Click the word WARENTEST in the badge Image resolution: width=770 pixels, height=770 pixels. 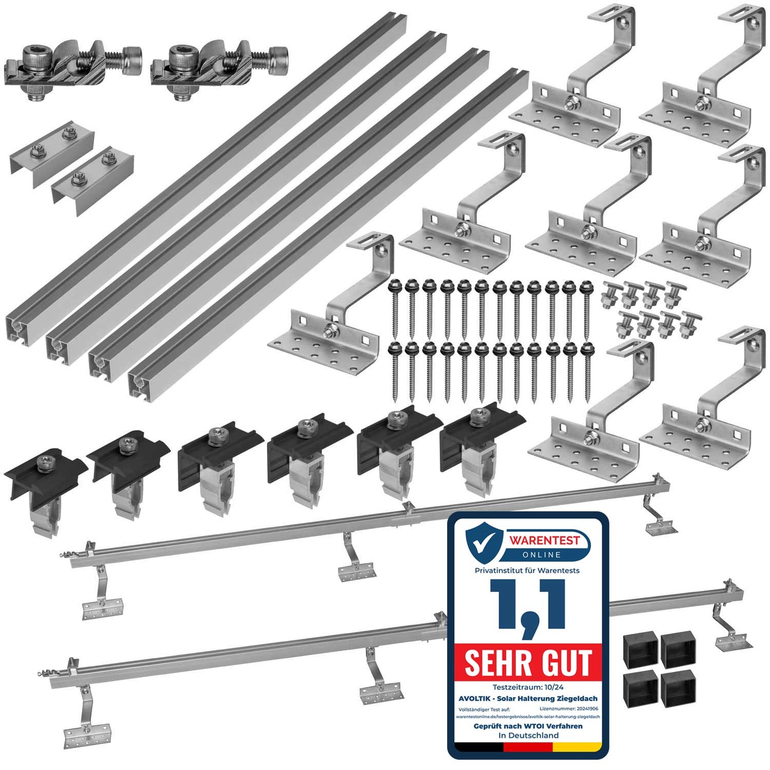click(544, 540)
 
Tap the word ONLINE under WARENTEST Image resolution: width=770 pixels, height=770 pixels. click(541, 555)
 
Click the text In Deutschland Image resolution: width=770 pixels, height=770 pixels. click(528, 735)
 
